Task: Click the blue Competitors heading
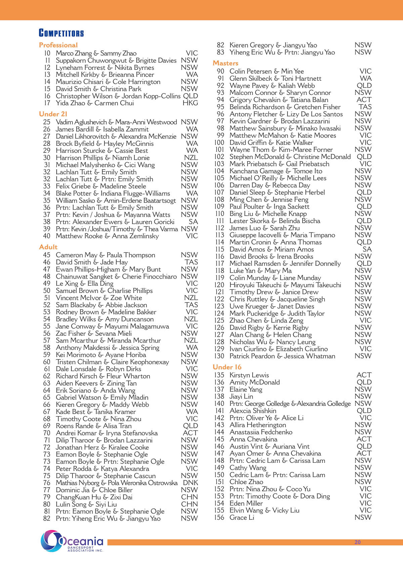61,33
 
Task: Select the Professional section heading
58,45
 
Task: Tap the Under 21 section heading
53,114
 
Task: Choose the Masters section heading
225,63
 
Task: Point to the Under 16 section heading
227,367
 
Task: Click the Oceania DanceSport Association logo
72,541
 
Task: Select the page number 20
357,542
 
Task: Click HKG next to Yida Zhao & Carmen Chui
190,103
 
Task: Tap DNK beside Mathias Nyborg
190,483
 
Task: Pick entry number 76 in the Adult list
47,483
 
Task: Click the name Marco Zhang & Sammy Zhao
96,53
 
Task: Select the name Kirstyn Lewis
249,375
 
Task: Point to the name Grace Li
242,518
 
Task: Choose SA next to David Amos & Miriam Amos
367,249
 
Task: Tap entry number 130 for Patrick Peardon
219,356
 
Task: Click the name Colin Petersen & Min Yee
267,71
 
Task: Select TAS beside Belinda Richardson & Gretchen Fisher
365,107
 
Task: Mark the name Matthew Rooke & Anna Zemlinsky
107,236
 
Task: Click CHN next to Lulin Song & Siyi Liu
189,504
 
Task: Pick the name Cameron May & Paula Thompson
105,255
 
